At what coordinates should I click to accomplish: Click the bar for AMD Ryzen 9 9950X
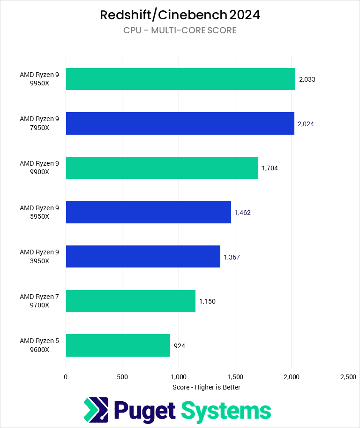click(x=180, y=79)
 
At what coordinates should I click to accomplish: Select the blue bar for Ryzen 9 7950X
click(x=180, y=123)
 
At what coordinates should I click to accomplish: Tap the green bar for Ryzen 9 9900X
click(x=162, y=168)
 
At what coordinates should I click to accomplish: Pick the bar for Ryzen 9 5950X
click(x=148, y=212)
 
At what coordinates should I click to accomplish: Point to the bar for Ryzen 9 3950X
click(x=143, y=256)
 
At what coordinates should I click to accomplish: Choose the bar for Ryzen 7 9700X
click(x=130, y=301)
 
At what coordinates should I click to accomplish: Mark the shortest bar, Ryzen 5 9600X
click(x=118, y=345)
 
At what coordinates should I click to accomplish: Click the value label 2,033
click(x=307, y=79)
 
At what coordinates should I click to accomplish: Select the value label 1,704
click(x=270, y=168)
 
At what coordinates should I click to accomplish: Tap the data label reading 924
click(x=180, y=346)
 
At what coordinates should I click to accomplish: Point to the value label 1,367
click(x=232, y=257)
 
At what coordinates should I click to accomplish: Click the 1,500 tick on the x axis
click(x=235, y=376)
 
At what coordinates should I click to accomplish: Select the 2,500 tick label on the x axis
click(x=347, y=376)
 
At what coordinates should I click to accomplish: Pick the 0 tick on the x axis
click(x=66, y=376)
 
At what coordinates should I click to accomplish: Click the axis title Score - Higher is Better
click(x=206, y=387)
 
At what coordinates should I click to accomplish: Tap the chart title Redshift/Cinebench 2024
click(x=180, y=15)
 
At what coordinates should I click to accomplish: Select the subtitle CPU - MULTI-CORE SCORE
click(x=180, y=31)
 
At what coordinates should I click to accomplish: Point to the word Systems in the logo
click(x=226, y=411)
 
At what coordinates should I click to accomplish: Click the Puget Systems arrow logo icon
click(x=96, y=410)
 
